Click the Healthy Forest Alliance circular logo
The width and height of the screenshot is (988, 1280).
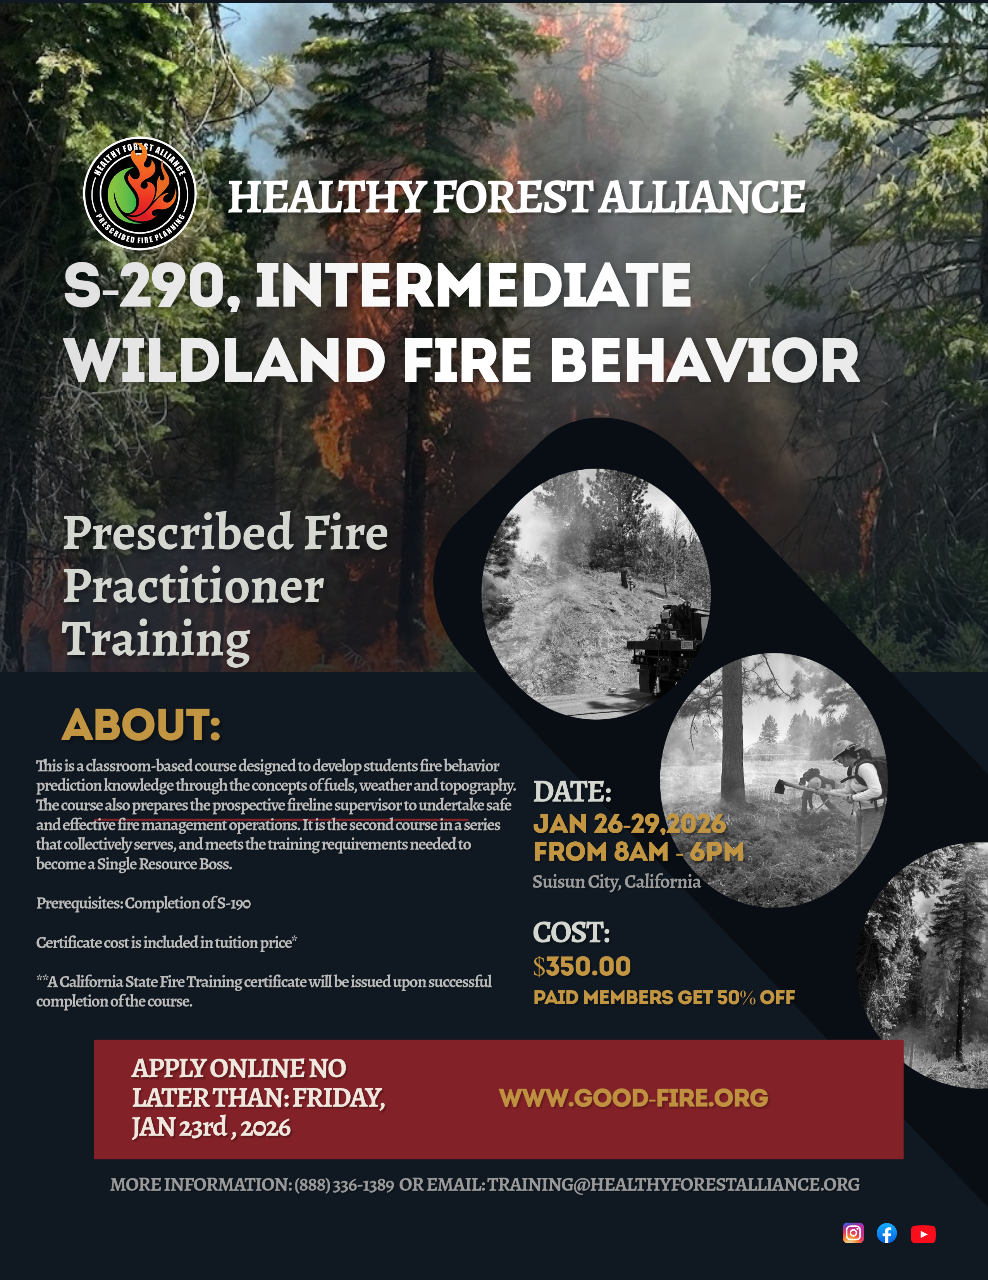139,193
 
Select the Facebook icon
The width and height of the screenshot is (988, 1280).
886,1233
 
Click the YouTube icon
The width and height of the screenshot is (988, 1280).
923,1234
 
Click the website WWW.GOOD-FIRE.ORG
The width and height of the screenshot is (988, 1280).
633,1098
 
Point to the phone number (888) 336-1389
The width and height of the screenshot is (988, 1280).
344,1184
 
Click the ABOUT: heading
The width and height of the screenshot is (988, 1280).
141,725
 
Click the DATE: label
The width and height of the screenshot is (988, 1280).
572,792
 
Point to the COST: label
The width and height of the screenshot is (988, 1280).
571,932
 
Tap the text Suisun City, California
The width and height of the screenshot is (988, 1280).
616,882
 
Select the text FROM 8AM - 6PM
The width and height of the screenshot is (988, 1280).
638,852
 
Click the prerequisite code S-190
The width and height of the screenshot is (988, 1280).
234,903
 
